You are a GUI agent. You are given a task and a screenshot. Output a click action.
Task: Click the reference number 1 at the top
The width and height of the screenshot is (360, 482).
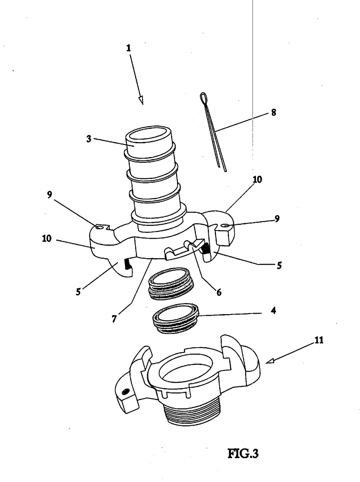tap(128, 48)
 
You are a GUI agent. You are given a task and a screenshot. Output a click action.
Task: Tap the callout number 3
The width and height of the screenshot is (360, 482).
tap(88, 139)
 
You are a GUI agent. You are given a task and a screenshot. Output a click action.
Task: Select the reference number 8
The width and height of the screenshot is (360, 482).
tap(273, 112)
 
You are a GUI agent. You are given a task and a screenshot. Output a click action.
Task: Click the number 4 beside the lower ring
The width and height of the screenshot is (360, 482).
tap(273, 310)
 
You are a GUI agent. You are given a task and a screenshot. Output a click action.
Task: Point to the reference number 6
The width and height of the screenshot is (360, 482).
tap(219, 292)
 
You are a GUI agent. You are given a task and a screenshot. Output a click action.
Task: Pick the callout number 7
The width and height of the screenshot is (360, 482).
tap(114, 319)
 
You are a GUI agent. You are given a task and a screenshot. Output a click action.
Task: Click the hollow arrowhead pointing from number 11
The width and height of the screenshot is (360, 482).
tap(270, 361)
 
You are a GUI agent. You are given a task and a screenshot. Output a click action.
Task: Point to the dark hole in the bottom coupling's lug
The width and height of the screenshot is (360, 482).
tap(126, 391)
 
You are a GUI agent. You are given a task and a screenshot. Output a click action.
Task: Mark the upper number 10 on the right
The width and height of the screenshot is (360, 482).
tap(257, 179)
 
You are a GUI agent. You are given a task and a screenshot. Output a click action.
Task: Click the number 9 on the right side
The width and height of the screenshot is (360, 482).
tap(277, 219)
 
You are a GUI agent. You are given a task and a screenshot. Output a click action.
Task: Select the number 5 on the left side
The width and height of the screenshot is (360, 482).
tap(78, 292)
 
